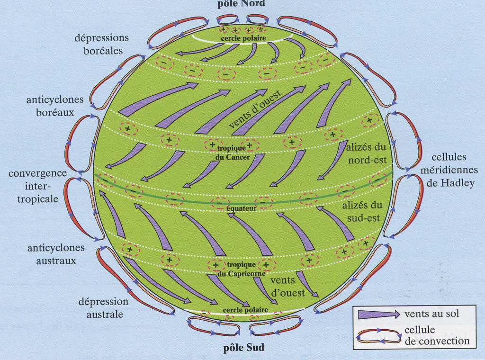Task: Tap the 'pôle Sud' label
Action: pos(243,348)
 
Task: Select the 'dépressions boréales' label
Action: pos(102,44)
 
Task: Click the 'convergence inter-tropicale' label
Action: pos(38,186)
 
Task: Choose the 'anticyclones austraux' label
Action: pos(56,254)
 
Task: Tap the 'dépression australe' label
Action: pos(103,307)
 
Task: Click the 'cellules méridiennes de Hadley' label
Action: pos(452,171)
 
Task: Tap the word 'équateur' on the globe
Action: pos(241,207)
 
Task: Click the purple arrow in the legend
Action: pos(378,314)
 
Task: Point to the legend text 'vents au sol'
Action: pos(431,314)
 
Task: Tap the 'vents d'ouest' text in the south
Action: pos(287,287)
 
